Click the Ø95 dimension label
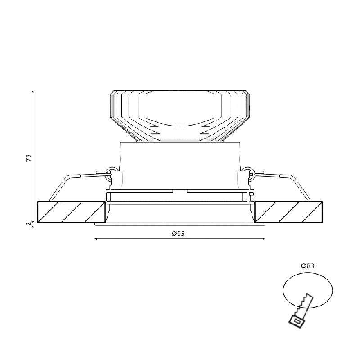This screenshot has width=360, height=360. point(178,234)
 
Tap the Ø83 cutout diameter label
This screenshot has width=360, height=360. point(307,266)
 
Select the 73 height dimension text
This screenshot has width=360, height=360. point(28,158)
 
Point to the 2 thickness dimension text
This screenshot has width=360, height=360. point(28,224)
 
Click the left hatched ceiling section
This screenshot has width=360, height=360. point(71,212)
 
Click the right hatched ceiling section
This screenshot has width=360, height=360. point(288,212)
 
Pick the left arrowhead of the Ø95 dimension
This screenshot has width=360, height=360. point(96,239)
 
